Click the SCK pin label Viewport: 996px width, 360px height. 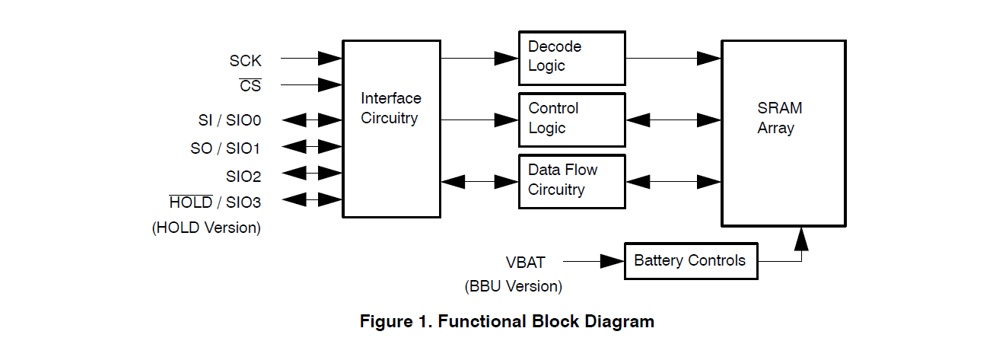pyautogui.click(x=245, y=62)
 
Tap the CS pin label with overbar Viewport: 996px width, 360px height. pyautogui.click(x=250, y=86)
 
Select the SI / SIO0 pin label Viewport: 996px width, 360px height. pyautogui.click(x=229, y=120)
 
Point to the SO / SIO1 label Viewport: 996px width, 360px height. pyautogui.click(x=225, y=148)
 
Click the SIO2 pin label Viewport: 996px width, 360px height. pyautogui.click(x=243, y=177)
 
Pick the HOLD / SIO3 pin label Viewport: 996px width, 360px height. pyautogui.click(x=215, y=202)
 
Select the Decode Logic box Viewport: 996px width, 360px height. pyautogui.click(x=571, y=58)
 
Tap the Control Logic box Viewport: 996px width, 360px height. pyautogui.click(x=571, y=119)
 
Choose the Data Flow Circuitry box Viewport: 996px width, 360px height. pyautogui.click(x=571, y=181)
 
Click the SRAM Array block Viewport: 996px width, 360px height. pyautogui.click(x=783, y=133)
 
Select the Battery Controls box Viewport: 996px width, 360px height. pyautogui.click(x=690, y=261)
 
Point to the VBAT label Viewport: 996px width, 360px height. pyautogui.click(x=526, y=263)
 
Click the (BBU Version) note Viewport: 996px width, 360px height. pyautogui.click(x=514, y=287)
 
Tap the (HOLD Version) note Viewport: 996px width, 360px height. pyautogui.click(x=206, y=228)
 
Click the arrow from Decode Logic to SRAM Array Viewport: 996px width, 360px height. pyautogui.click(x=673, y=58)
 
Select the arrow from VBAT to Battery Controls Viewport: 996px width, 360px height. pyautogui.click(x=593, y=262)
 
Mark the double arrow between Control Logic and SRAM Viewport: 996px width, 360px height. pyautogui.click(x=673, y=119)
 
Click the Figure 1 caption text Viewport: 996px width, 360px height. pyautogui.click(x=507, y=321)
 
